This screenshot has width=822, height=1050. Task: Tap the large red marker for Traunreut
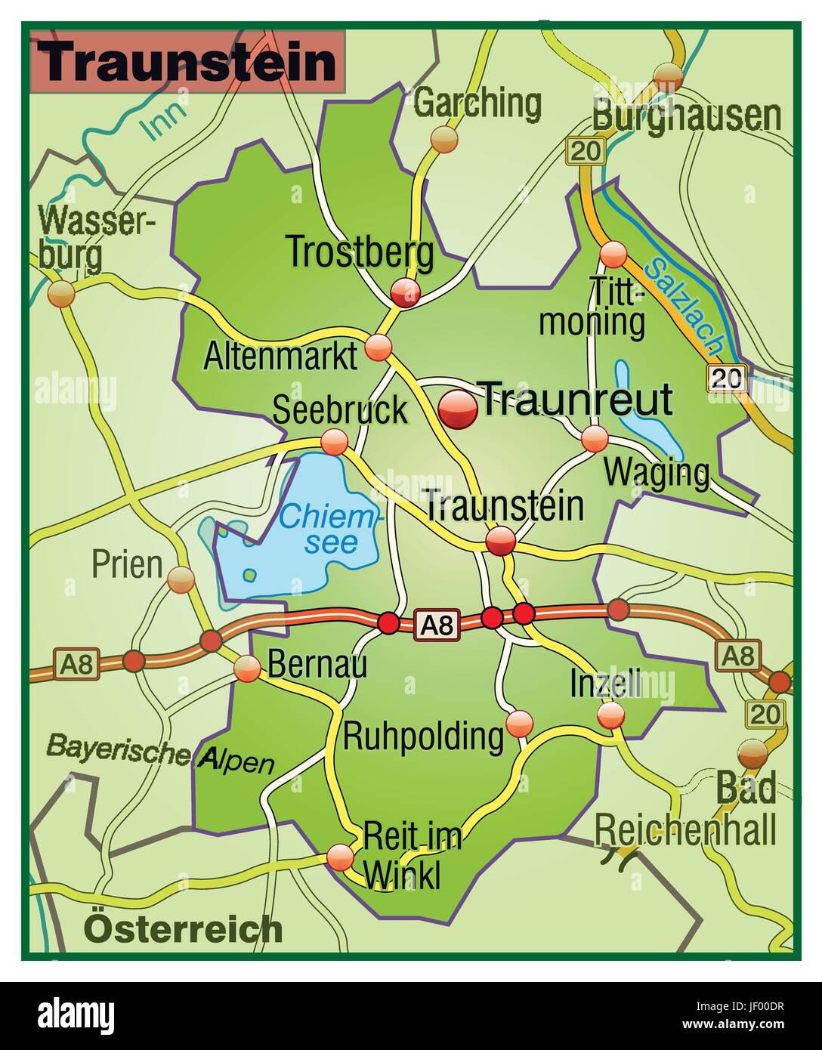click(x=459, y=410)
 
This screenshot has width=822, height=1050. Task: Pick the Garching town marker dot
click(x=444, y=138)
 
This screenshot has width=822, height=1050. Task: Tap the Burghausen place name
click(x=686, y=116)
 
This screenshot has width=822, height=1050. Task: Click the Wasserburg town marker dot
click(x=60, y=293)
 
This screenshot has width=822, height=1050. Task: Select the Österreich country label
click(x=184, y=928)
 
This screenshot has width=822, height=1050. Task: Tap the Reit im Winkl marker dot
click(x=341, y=857)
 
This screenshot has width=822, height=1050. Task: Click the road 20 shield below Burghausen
click(x=586, y=150)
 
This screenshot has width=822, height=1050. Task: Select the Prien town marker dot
click(x=181, y=580)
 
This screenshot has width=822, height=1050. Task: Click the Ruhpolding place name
click(x=423, y=737)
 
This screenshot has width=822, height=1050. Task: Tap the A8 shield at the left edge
click(x=76, y=666)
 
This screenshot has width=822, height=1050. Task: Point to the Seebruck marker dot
click(x=334, y=441)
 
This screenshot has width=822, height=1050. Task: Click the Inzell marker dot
click(x=610, y=715)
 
